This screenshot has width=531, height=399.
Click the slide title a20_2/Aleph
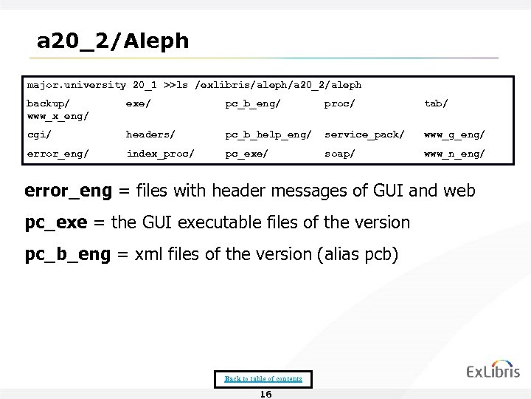tap(113, 41)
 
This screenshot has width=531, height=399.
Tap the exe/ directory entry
tap(138, 103)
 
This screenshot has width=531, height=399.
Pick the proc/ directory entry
tap(339, 103)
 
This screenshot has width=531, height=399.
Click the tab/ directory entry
tap(435, 103)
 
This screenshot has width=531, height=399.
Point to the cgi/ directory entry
tap(38, 134)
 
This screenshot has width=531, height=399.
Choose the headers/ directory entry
tap(150, 134)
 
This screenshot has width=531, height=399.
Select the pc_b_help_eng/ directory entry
tap(268, 134)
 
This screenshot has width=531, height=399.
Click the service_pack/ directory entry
tap(364, 134)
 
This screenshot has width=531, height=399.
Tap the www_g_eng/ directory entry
tap(454, 134)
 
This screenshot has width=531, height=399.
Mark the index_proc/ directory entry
tap(160, 154)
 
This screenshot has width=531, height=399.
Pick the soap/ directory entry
tap(339, 154)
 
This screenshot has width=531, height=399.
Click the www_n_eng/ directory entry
tap(454, 154)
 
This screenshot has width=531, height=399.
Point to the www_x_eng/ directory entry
tap(58, 116)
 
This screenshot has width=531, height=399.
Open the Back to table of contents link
tap(263, 379)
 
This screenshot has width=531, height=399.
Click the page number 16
tap(265, 394)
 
